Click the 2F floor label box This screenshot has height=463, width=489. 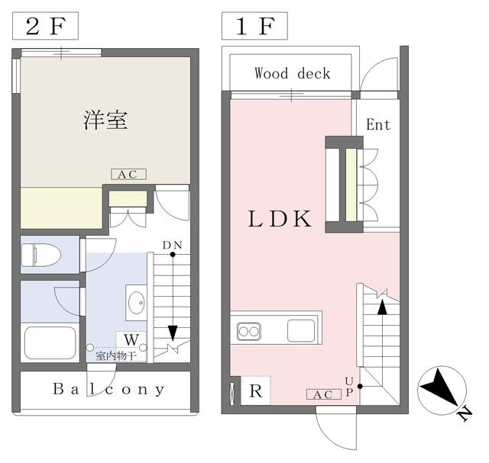click(45, 26)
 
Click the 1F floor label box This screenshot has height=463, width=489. click(254, 26)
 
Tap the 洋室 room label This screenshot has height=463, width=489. click(105, 120)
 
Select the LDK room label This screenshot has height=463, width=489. click(280, 218)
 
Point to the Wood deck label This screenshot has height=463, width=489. click(292, 73)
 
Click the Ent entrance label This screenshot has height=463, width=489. click(378, 125)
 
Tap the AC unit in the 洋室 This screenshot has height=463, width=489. click(129, 175)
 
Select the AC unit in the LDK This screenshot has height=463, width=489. click(324, 394)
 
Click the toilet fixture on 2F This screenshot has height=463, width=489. click(40, 255)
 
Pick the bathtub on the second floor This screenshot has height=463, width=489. click(50, 342)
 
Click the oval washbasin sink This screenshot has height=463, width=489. click(137, 302)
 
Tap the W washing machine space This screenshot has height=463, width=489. click(131, 339)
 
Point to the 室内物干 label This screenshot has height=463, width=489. click(116, 355)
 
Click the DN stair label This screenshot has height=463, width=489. click(173, 246)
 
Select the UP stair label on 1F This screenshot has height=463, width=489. click(349, 387)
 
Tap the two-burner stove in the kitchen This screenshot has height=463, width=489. click(248, 332)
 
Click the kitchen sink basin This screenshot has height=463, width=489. click(301, 330)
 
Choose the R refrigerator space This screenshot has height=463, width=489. click(256, 391)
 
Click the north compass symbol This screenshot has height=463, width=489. click(442, 391)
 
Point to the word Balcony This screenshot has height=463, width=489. click(108, 389)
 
